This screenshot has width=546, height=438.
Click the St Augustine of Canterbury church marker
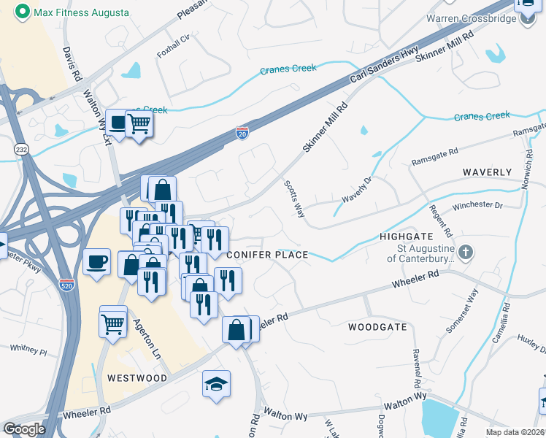467,253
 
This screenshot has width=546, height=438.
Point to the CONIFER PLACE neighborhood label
268,255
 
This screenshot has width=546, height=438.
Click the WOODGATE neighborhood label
377,327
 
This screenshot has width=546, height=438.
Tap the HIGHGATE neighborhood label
407,237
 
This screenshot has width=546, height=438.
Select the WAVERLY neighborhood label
487,172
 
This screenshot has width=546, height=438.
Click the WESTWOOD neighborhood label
137,378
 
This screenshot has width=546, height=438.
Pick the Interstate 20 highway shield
242,132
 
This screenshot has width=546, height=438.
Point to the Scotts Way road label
294,195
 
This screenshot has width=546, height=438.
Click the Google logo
24,429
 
